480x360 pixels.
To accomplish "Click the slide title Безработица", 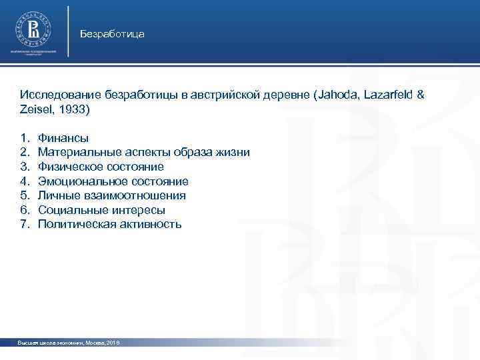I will tap(111, 33).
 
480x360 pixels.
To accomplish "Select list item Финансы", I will tap(63, 138).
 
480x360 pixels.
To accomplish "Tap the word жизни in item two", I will tap(235, 152).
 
